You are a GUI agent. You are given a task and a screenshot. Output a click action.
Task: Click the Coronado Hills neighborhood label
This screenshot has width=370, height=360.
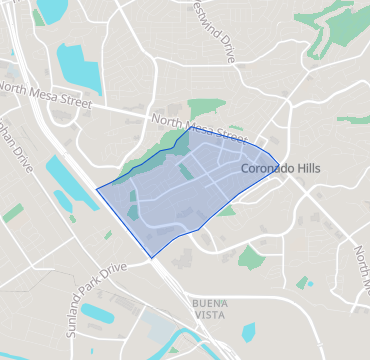coord(281,169)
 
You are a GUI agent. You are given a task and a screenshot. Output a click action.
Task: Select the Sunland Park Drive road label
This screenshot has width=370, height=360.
coord(97,293)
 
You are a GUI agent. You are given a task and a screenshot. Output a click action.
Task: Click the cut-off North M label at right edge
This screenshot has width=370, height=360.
coord(361,262)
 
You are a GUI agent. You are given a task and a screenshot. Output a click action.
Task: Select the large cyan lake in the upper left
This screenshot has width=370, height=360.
coord(78,66)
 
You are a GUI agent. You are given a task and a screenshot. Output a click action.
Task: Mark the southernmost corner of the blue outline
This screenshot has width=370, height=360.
coord(152,258)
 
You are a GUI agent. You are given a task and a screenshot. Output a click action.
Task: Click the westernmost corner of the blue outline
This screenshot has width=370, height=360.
coord(96,189)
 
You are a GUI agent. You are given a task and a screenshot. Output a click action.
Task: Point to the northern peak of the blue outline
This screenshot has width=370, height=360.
coord(190,127)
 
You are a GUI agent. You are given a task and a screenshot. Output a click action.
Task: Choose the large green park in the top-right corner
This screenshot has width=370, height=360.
coord(335,35)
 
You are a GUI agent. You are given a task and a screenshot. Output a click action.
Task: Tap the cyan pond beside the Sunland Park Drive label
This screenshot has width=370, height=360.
coord(98,313)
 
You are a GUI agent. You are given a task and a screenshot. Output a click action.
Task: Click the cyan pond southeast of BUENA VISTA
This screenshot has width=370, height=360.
coord(248,331)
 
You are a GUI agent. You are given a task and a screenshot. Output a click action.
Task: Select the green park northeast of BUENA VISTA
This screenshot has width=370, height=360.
coord(251,258)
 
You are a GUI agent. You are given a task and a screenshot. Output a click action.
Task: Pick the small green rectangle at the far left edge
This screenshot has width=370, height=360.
coord(12,213)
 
